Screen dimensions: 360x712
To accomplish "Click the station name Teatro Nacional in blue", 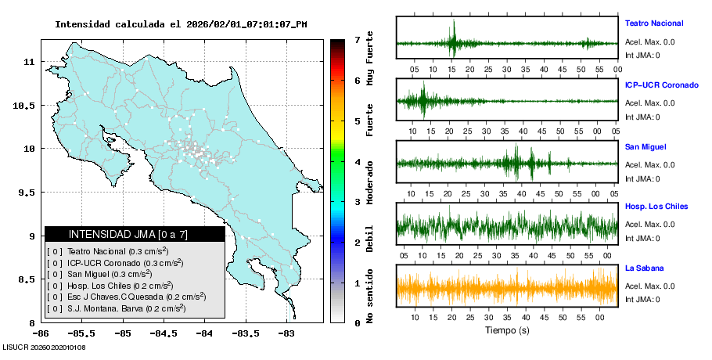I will click(653, 23).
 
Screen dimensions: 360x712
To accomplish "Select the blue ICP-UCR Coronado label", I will click(661, 85).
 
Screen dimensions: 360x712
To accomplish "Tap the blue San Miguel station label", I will click(643, 146).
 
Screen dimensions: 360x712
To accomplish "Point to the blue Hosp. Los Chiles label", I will click(656, 207).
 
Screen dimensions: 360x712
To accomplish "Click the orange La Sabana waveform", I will click(507, 287).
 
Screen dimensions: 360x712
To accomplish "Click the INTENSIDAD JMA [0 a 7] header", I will click(134, 234).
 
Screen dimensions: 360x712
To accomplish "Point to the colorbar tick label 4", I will click(357, 162).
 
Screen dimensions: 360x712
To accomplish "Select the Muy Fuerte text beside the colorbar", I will click(370, 58).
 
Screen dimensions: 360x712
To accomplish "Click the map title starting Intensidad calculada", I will click(181, 24).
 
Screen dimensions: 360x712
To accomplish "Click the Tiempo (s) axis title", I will click(506, 330).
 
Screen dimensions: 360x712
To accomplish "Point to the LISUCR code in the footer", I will click(44, 347).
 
